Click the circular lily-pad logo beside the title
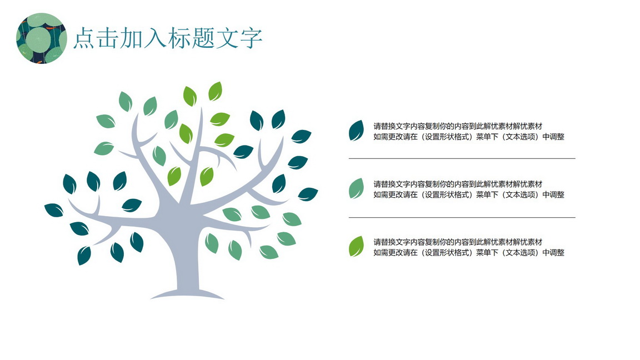(41, 38)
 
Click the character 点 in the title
(84, 38)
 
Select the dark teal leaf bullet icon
(356, 131)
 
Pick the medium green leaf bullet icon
(356, 188)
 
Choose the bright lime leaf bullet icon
(356, 247)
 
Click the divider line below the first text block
(462, 158)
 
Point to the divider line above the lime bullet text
(462, 218)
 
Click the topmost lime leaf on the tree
(215, 91)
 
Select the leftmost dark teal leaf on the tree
(54, 210)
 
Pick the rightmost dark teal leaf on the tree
(308, 194)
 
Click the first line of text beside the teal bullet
(458, 126)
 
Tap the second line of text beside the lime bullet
(468, 253)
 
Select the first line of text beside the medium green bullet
(458, 184)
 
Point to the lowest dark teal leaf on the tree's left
(84, 256)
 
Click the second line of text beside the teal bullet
(468, 137)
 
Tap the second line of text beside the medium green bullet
(468, 194)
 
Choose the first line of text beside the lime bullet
(458, 242)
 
